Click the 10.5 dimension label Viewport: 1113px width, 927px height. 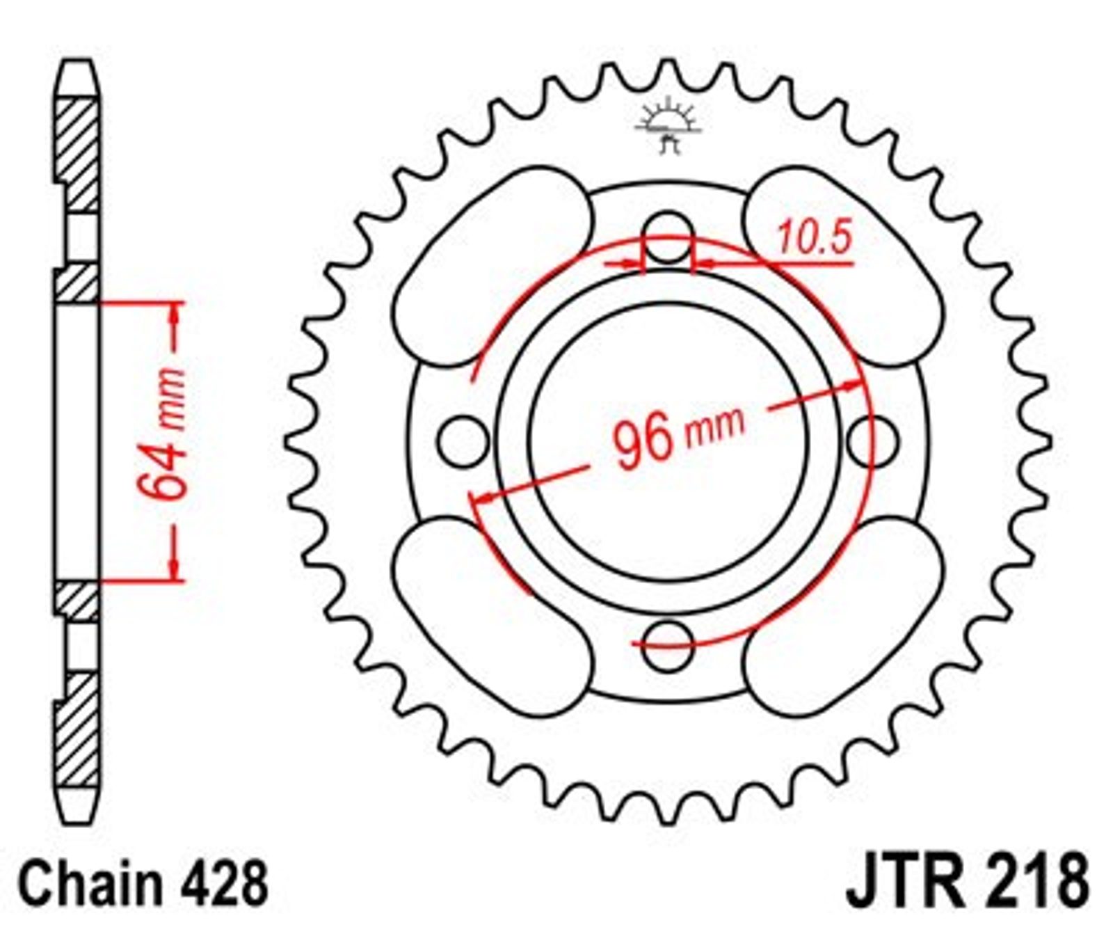[814, 238]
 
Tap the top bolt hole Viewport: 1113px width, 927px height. [668, 237]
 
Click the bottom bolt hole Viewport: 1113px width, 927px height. [668, 646]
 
